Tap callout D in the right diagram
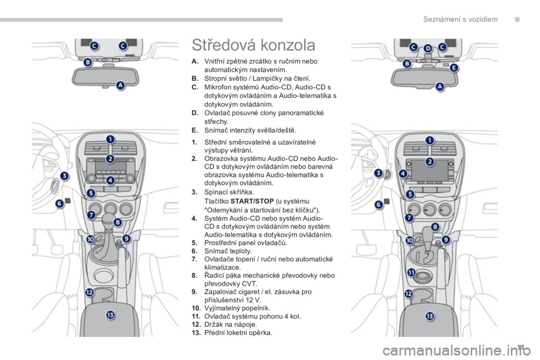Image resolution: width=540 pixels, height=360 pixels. tap(427, 48)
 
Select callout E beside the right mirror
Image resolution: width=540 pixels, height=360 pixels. tap(454, 67)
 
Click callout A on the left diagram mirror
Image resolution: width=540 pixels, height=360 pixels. tap(120, 85)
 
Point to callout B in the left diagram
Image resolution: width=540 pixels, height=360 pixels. tap(88, 62)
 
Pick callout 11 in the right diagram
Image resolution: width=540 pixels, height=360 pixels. tap(412, 272)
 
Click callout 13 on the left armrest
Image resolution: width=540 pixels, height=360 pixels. tap(110, 314)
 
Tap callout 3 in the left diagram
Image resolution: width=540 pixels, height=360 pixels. tap(64, 175)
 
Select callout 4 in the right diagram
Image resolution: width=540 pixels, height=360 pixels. tap(403, 173)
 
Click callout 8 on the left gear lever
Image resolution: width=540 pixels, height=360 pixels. tap(118, 222)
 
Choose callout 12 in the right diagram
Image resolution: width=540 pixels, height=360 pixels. tap(408, 294)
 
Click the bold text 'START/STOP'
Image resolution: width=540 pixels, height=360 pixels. tap(252, 201)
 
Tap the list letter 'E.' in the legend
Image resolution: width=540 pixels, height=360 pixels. tap(195, 130)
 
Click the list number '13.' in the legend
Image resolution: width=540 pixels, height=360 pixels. tap(196, 333)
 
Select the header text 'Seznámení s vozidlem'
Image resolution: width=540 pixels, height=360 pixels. tap(460, 19)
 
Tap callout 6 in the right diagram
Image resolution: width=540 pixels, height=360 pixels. tap(379, 205)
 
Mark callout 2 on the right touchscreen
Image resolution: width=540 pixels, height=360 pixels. tap(429, 161)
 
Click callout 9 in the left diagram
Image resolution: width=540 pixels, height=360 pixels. tap(127, 238)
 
